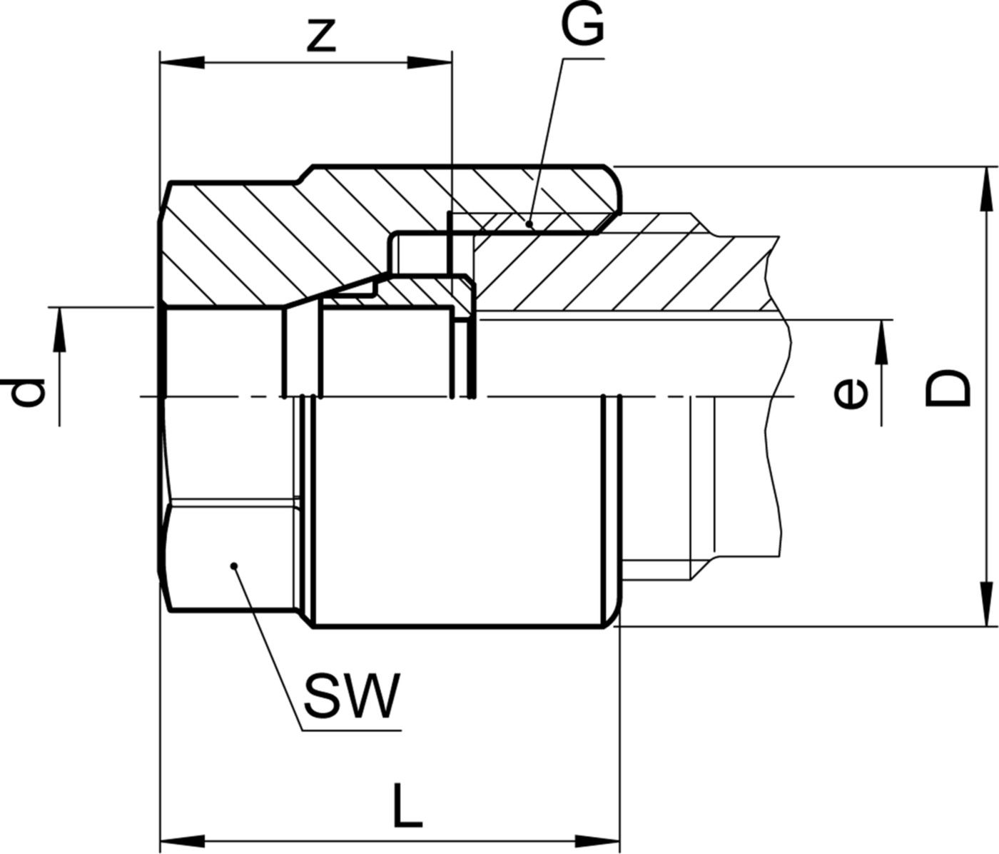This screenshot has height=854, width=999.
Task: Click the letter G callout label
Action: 582,28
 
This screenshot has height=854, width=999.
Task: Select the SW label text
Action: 350,696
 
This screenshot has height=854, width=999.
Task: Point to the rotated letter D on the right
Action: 948,388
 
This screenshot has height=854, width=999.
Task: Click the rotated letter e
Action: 851,394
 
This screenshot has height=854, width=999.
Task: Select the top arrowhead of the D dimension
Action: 988,189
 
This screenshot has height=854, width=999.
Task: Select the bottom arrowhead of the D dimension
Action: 988,604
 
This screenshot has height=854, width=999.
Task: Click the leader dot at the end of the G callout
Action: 529,223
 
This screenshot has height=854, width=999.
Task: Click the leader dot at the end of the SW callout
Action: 234,566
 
